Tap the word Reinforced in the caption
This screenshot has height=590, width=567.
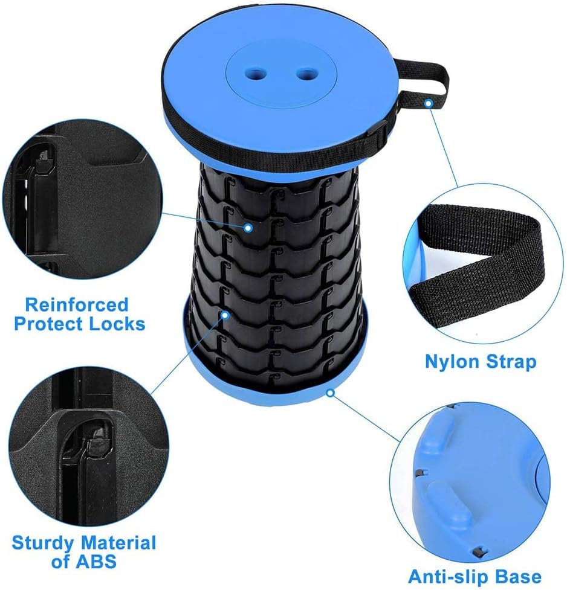pyautogui.click(x=77, y=304)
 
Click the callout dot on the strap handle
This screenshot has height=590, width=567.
pyautogui.click(x=428, y=103)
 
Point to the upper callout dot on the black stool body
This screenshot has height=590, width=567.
pyautogui.click(x=247, y=228)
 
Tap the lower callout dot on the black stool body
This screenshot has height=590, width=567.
pyautogui.click(x=225, y=315)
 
